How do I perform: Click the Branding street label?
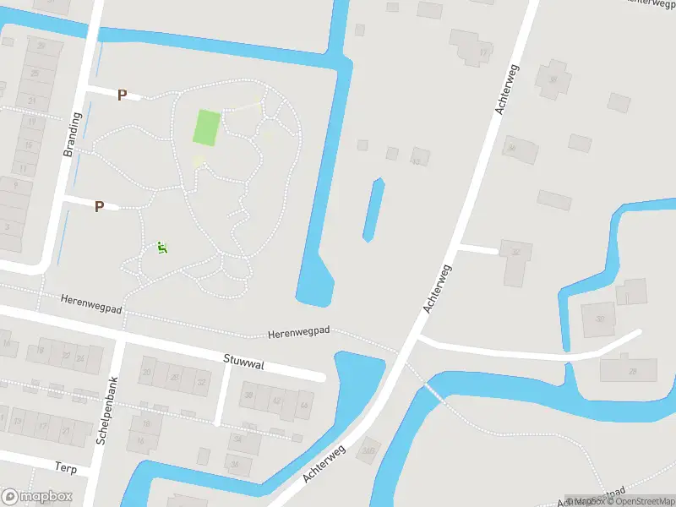point(71,134)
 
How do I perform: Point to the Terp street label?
point(66,467)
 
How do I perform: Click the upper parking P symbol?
point(122,95)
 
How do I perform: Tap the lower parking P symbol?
point(99,206)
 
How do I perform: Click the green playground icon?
point(162,248)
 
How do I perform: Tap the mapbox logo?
point(37,497)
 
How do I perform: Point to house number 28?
point(630,370)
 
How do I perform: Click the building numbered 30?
point(599,319)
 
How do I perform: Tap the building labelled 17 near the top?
point(482,52)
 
